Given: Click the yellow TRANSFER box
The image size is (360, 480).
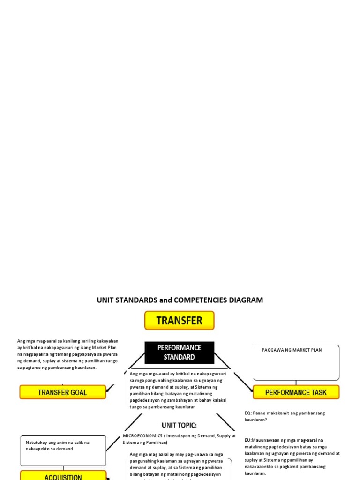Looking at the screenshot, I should click(x=179, y=321).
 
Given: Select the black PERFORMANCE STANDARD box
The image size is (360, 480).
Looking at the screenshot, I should click(x=179, y=352).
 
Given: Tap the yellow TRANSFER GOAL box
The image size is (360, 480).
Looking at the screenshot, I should click(x=62, y=392).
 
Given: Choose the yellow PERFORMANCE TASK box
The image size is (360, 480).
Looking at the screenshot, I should click(x=296, y=392).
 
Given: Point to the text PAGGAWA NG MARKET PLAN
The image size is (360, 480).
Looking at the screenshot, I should click(x=292, y=350).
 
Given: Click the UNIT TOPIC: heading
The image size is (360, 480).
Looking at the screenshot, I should click(x=179, y=426).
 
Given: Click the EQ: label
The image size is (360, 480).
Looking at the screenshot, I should click(x=248, y=413).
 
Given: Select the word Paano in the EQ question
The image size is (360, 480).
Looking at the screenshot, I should click(x=260, y=413).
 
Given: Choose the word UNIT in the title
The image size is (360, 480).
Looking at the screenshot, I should click(x=105, y=300).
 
